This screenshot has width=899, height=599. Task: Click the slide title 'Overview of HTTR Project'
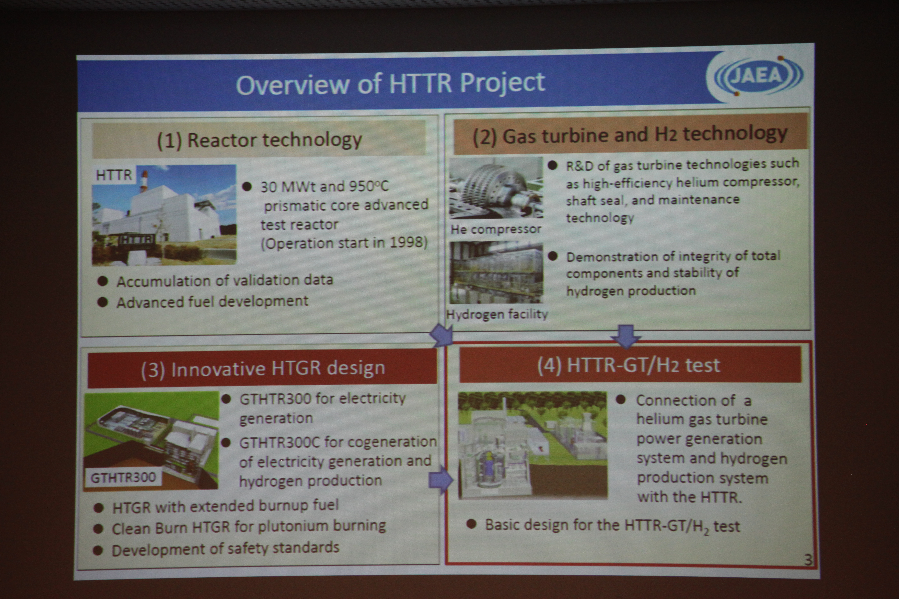(x=390, y=83)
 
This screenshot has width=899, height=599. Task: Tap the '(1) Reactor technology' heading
(x=259, y=140)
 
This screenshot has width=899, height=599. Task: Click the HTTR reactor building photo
(x=164, y=215)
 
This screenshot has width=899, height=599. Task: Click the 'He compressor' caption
(x=496, y=229)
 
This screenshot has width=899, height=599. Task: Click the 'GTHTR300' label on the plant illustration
(x=123, y=477)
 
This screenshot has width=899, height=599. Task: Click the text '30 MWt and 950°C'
(x=324, y=186)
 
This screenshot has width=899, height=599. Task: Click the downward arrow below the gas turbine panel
(x=626, y=336)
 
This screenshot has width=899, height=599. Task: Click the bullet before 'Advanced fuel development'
(x=102, y=302)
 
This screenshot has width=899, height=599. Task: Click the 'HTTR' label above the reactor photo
(x=114, y=175)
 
